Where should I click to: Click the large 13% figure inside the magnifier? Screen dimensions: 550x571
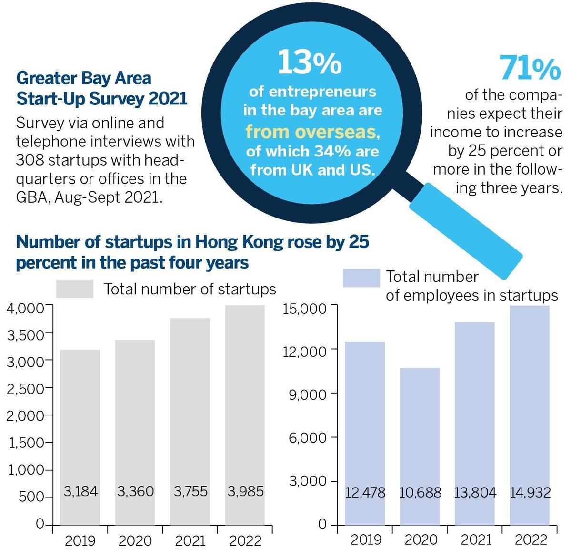point(309,62)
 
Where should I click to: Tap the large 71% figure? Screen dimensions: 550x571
point(530,68)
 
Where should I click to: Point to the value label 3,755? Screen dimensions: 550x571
point(190,491)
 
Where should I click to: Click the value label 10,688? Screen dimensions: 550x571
point(420,492)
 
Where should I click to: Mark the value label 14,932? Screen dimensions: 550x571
point(530,492)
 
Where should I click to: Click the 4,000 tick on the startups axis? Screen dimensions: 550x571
point(25,308)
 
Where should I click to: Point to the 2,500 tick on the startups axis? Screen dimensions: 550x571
point(25,389)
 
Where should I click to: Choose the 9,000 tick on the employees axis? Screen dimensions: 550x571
point(308,394)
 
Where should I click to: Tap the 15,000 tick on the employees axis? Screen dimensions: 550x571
point(305,309)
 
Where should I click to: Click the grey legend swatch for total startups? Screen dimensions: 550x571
point(75,289)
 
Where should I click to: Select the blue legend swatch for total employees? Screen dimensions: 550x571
point(361,278)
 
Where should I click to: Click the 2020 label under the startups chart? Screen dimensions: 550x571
point(135,541)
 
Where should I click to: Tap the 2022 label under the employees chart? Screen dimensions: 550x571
point(531,540)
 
